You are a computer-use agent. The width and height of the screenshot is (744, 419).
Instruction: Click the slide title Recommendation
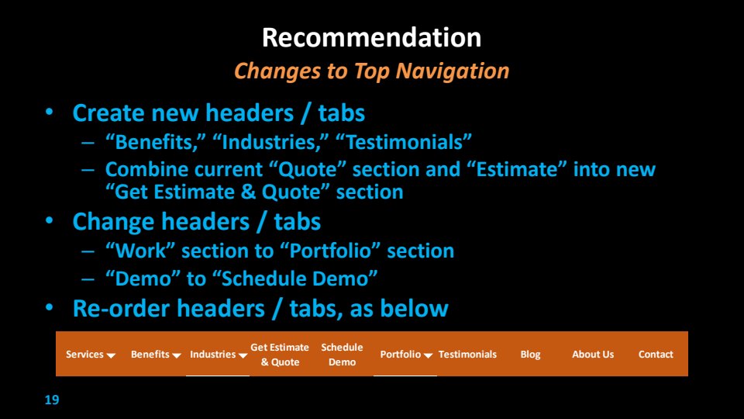pyautogui.click(x=371, y=37)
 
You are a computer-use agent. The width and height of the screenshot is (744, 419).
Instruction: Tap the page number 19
pyautogui.click(x=52, y=400)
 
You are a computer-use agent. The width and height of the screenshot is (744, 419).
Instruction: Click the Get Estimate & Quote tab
pyautogui.click(x=280, y=355)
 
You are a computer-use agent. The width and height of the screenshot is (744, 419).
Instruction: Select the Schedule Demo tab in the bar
pyautogui.click(x=342, y=355)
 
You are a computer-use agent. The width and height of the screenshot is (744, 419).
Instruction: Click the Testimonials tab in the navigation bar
pyautogui.click(x=467, y=355)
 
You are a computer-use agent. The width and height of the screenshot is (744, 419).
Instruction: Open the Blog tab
pyautogui.click(x=530, y=355)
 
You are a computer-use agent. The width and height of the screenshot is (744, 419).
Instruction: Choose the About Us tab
pyautogui.click(x=593, y=355)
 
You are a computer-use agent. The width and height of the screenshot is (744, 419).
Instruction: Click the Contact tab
pyautogui.click(x=656, y=355)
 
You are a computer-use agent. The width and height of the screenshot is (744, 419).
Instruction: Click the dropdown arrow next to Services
pyautogui.click(x=111, y=356)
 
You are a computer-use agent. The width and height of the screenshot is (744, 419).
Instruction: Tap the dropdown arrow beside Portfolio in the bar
pyautogui.click(x=428, y=356)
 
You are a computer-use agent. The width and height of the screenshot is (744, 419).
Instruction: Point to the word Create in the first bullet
pyautogui.click(x=108, y=113)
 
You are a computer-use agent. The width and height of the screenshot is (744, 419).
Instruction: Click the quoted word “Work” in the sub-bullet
pyautogui.click(x=140, y=251)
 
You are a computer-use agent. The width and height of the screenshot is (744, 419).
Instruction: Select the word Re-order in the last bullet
pyautogui.click(x=121, y=309)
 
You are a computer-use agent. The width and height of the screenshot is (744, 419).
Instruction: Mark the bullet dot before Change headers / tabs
pyautogui.click(x=50, y=221)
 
